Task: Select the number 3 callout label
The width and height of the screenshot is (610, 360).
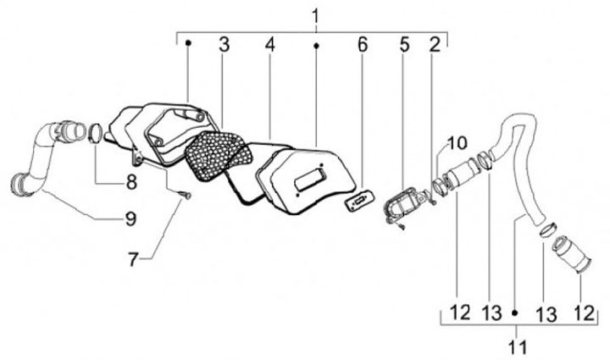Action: pyautogui.click(x=224, y=45)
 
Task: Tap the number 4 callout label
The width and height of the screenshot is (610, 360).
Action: pyautogui.click(x=269, y=45)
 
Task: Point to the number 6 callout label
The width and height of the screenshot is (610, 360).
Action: pyautogui.click(x=363, y=45)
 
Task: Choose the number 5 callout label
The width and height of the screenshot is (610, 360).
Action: pyautogui.click(x=405, y=45)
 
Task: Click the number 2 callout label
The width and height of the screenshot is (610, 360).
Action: pyautogui.click(x=434, y=45)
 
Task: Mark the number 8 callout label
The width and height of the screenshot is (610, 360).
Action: pyautogui.click(x=130, y=180)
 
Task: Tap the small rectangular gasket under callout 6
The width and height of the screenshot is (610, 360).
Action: pyautogui.click(x=358, y=201)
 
